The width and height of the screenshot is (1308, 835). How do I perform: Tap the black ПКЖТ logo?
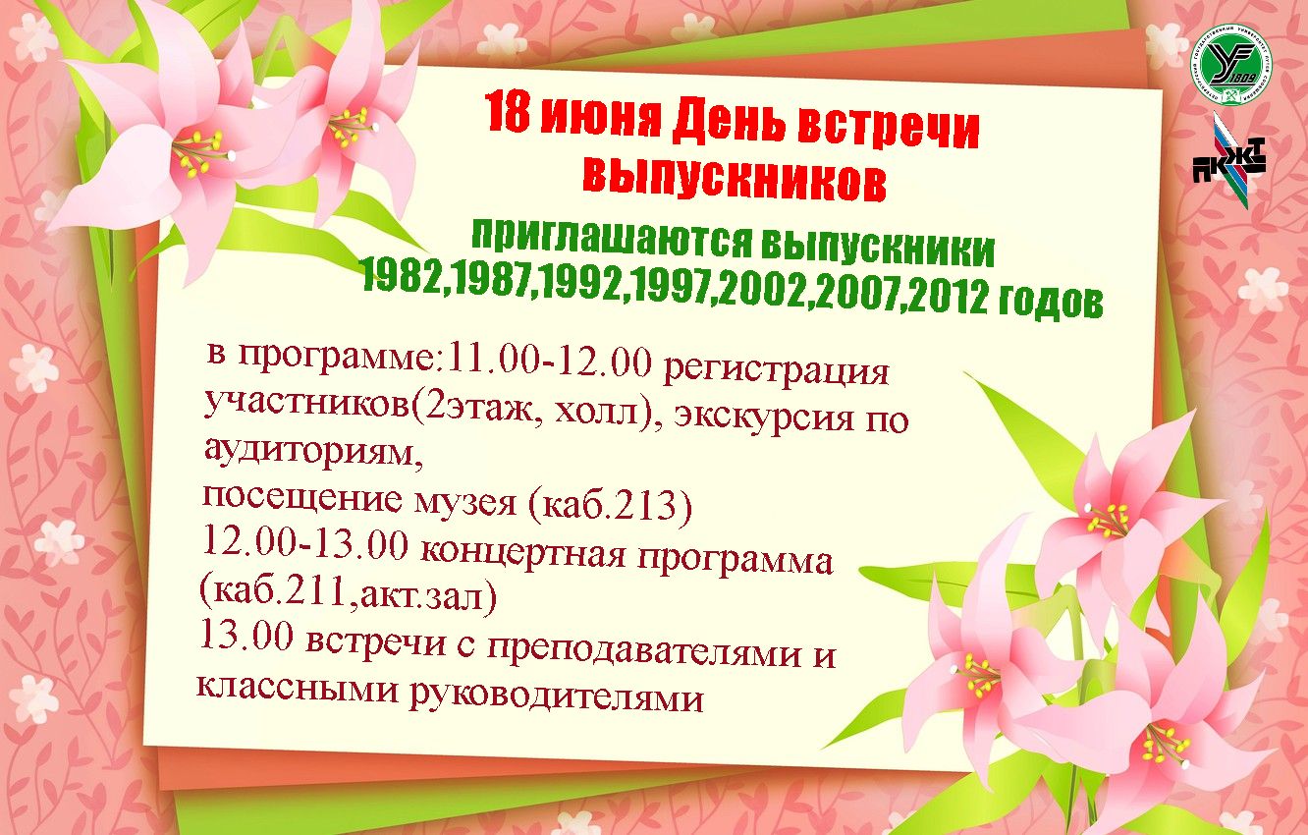click(x=1229, y=162)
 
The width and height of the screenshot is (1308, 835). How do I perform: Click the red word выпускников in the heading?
click(x=735, y=179)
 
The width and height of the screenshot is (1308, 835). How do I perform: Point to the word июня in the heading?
click(x=601, y=118)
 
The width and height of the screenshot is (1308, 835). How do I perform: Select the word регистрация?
click(x=777, y=369)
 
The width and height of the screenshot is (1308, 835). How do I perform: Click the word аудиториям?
click(x=313, y=451)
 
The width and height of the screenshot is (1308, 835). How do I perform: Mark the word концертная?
click(x=522, y=552)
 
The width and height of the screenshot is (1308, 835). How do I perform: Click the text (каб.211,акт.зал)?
click(x=348, y=593)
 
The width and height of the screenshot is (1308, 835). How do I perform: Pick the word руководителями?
click(x=556, y=695)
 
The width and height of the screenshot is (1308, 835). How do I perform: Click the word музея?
click(x=464, y=502)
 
